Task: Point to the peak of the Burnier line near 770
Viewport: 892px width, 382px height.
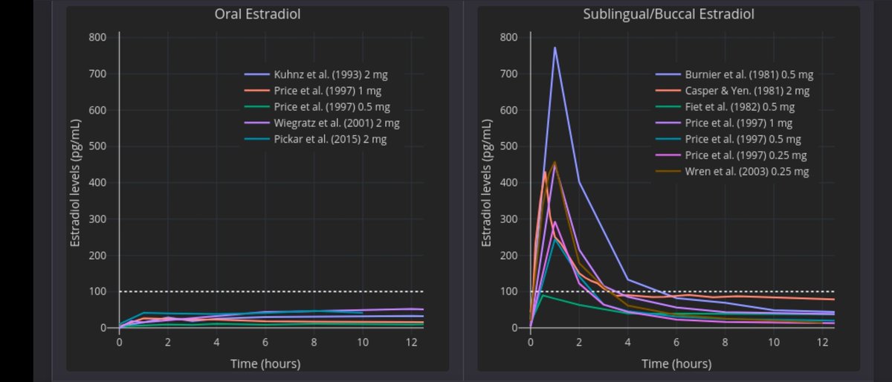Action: [555, 48]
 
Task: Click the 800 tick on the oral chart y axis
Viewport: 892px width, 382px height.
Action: [97, 38]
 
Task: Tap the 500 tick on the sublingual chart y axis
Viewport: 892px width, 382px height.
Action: [508, 146]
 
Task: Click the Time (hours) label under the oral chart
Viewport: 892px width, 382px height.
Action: [265, 363]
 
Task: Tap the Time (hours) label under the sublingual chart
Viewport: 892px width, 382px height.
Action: [676, 363]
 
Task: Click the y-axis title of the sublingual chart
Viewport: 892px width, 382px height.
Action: [488, 183]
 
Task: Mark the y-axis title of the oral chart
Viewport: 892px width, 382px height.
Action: [76, 183]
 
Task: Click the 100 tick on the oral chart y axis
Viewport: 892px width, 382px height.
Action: [97, 292]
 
